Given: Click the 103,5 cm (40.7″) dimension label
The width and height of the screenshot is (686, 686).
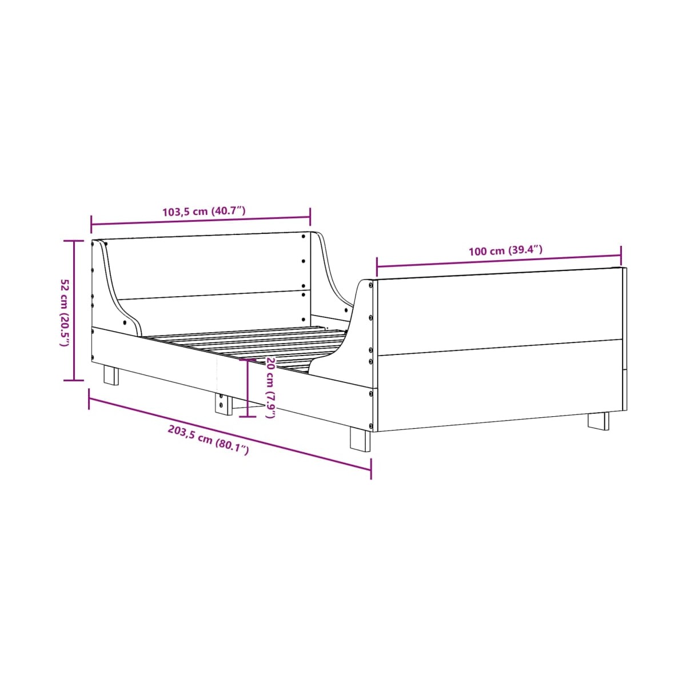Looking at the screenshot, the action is click(x=204, y=211).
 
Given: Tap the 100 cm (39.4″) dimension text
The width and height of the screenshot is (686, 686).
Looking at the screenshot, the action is click(x=505, y=250).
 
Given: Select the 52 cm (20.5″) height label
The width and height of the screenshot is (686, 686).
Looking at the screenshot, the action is click(x=65, y=312).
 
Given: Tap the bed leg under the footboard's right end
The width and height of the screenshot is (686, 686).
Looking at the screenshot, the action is click(x=598, y=421).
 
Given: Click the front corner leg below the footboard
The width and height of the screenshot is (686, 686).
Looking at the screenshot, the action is click(x=360, y=439).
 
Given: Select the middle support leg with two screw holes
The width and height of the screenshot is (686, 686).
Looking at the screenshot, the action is click(x=224, y=404).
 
